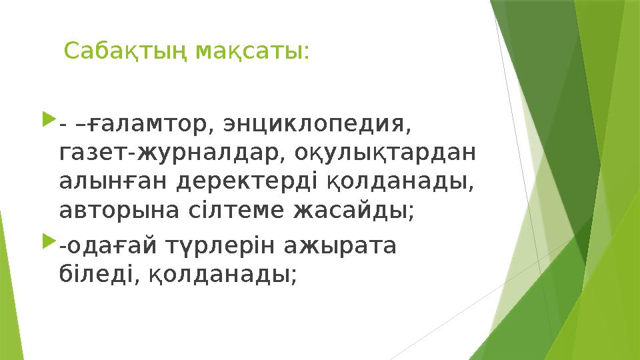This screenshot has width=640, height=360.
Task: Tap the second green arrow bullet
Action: click(x=48, y=243)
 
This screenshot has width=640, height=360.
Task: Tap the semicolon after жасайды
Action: click(x=411, y=213)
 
